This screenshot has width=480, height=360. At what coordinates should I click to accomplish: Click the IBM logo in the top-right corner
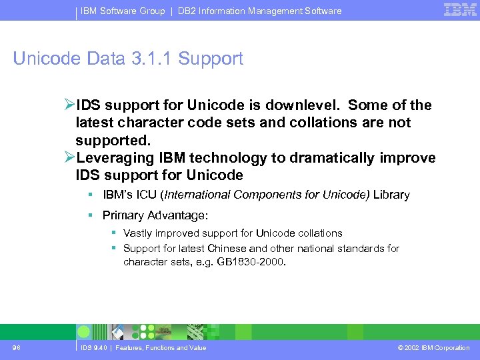click(459, 10)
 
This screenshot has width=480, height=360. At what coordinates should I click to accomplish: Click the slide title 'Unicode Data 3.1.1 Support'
click(128, 59)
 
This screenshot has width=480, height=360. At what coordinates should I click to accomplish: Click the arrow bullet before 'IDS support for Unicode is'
click(70, 105)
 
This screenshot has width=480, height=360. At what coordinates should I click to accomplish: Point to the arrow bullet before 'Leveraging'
click(70, 158)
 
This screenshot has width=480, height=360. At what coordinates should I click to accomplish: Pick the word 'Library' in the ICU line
click(391, 195)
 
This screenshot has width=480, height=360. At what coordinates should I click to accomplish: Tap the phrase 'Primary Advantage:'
click(155, 215)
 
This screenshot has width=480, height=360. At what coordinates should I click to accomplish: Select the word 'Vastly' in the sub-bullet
click(137, 233)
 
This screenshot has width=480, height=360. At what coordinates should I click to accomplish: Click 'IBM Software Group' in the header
click(123, 11)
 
